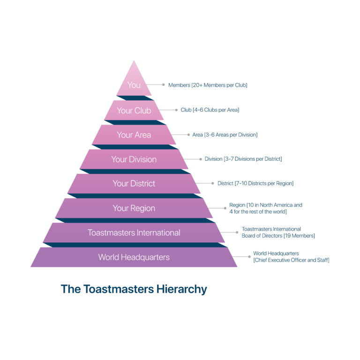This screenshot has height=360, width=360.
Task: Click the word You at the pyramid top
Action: pyautogui.click(x=134, y=85)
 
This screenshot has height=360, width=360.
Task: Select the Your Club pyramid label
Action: pyautogui.click(x=134, y=111)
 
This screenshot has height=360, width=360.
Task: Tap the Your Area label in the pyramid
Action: pyautogui.click(x=134, y=135)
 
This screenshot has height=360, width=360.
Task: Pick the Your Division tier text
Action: pyautogui.click(x=134, y=159)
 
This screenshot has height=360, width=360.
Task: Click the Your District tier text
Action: pyautogui.click(x=134, y=183)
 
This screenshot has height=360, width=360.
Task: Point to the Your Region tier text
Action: pyautogui.click(x=134, y=208)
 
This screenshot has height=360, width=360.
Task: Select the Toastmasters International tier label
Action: pyautogui.click(x=134, y=232)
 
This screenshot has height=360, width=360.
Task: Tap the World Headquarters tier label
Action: pyautogui.click(x=134, y=257)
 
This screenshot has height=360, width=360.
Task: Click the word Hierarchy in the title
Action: pyautogui.click(x=181, y=289)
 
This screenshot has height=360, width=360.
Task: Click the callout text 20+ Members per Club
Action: pyautogui.click(x=219, y=85)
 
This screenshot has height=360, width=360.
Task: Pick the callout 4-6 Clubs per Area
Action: pyautogui.click(x=216, y=110)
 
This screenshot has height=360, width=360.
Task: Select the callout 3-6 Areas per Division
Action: pyautogui.click(x=231, y=135)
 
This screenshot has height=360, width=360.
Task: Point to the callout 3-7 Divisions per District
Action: pyautogui.click(x=253, y=159)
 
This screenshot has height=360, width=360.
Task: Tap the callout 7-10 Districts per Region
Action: pyautogui.click(x=264, y=183)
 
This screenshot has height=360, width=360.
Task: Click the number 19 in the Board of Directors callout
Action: pyautogui.click(x=288, y=236)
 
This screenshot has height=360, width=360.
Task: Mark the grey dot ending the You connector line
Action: pyautogui.click(x=164, y=85)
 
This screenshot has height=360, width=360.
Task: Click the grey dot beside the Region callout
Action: pyautogui.click(x=225, y=208)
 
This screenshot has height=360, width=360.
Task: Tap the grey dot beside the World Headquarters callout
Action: pyautogui.click(x=249, y=257)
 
